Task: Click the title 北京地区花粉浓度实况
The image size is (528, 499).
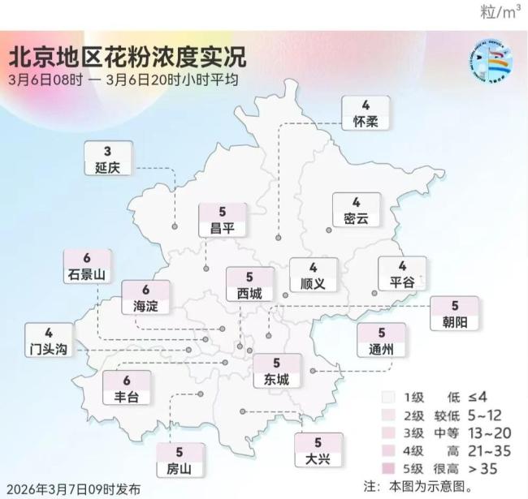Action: (x=127, y=58)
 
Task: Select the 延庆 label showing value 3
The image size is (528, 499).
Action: (x=107, y=159)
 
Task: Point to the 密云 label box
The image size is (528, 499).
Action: (x=356, y=210)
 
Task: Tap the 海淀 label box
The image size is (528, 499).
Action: (x=145, y=298)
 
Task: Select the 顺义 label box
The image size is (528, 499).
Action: (x=313, y=276)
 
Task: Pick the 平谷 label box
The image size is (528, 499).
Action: (x=401, y=275)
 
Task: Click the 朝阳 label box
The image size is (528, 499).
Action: (x=455, y=314)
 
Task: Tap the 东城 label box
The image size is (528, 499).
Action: (x=276, y=372)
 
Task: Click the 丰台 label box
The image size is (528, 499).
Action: (x=127, y=389)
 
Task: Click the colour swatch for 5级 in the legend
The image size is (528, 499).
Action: (x=390, y=468)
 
